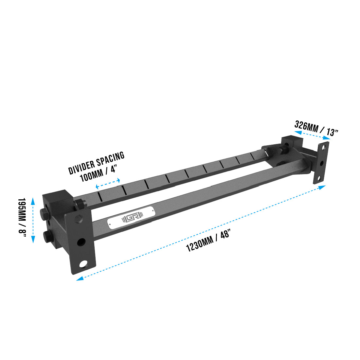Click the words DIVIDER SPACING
[97, 163]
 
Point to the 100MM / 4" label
[99, 175]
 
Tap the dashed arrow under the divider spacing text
[108, 183]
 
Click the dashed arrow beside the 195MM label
[33, 220]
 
